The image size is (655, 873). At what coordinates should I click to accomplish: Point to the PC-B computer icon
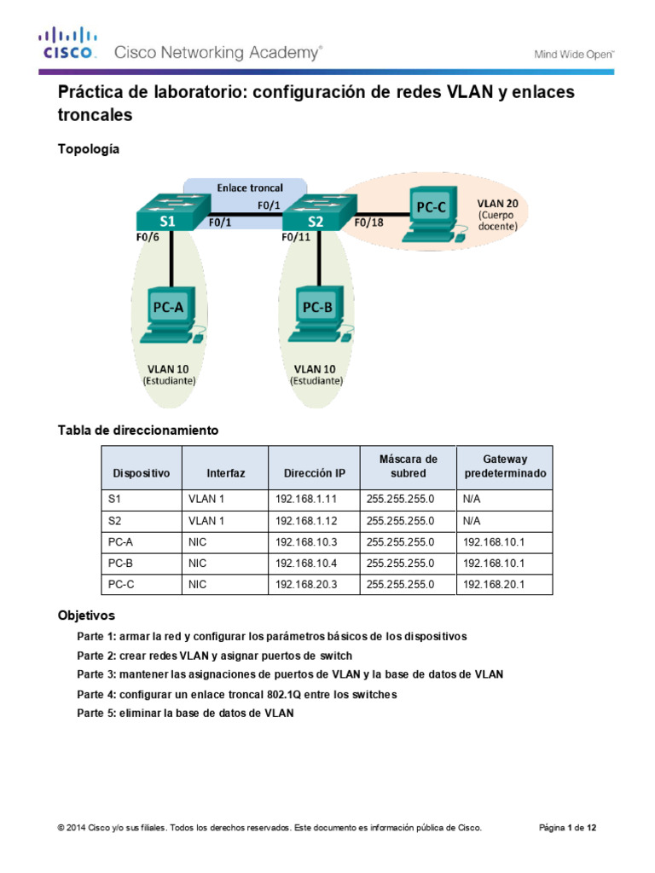319,311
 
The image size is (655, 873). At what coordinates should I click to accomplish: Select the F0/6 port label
148,238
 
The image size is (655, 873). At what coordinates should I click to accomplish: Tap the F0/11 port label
296,238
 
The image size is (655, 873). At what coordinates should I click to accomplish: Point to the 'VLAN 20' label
496,205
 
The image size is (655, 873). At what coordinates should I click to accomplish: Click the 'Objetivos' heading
86,615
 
